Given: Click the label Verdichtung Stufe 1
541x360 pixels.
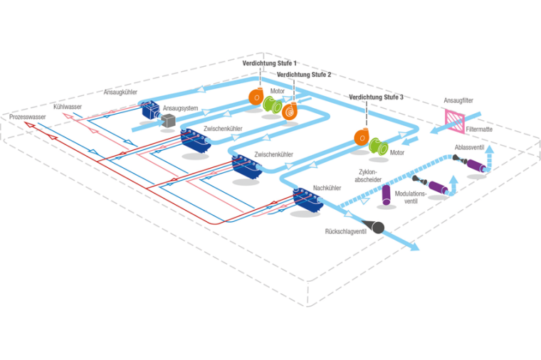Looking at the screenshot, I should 270,63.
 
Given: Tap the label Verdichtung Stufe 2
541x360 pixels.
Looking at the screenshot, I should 304,74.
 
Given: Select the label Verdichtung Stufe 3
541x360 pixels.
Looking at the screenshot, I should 377,97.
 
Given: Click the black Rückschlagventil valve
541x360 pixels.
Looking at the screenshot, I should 374,227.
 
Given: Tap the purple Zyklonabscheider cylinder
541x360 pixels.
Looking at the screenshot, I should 387,194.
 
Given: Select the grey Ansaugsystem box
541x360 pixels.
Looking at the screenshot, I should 168,122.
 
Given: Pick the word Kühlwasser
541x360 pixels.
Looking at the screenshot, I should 68,107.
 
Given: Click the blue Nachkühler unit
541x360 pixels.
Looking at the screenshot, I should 308,200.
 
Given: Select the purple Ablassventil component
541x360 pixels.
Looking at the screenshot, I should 473,166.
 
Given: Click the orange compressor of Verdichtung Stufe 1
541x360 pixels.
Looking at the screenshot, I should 256,97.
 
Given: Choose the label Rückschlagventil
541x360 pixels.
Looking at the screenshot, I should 345,232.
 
